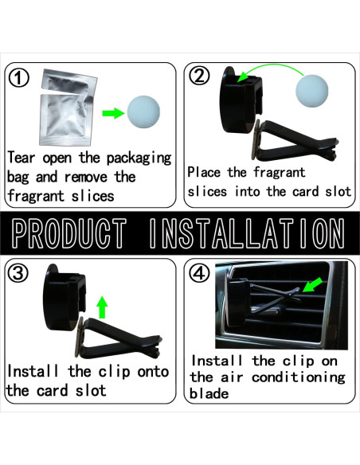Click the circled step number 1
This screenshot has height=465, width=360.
pos(18,77)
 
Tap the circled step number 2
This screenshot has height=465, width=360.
pos(198,76)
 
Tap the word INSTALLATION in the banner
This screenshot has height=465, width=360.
pos(248,232)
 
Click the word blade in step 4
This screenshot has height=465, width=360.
pos(209,395)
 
